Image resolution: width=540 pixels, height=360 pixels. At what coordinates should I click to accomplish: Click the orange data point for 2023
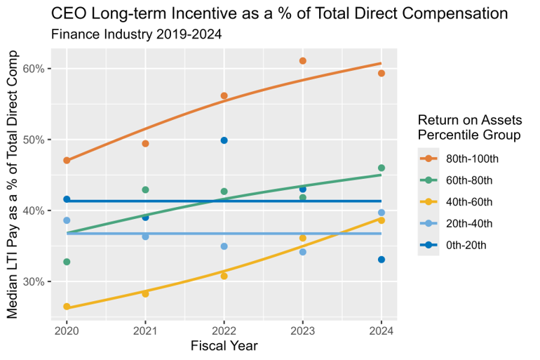pos(303,61)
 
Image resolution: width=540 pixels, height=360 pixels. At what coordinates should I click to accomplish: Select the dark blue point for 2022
pos(224,140)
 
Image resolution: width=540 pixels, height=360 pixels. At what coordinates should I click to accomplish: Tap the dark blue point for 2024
pos(382,260)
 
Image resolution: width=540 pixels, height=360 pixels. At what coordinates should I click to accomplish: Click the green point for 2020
pos(67,262)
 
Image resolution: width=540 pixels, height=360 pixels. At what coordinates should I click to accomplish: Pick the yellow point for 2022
pos(224,276)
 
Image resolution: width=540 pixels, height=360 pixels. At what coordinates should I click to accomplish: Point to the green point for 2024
pos(382,168)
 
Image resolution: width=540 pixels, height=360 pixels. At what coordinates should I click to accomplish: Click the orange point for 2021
pos(145,144)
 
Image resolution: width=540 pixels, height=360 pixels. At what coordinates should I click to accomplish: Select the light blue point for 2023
pos(303,252)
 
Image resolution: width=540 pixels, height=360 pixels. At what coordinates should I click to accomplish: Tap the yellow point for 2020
pos(67,307)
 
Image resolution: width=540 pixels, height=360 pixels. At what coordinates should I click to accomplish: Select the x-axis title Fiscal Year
pos(224,346)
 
